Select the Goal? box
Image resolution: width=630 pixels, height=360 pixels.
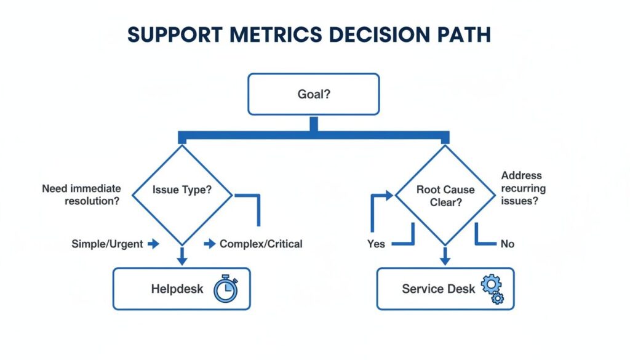[x=313, y=94]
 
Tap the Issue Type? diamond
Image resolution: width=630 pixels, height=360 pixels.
[x=182, y=190]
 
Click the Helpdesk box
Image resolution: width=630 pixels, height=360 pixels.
[x=181, y=289]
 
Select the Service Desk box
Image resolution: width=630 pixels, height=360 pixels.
[x=445, y=289]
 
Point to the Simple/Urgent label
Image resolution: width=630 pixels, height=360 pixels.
[x=107, y=244]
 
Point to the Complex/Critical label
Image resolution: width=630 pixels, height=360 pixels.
[x=261, y=244]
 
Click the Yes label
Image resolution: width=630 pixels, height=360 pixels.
[x=376, y=244]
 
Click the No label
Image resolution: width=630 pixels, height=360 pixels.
[x=507, y=244]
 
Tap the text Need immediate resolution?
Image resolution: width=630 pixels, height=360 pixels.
[x=81, y=194]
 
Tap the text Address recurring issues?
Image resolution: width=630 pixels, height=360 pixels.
[x=524, y=188]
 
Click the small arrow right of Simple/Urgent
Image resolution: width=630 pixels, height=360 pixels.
[x=154, y=244]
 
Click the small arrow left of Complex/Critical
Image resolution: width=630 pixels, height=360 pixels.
[x=210, y=244]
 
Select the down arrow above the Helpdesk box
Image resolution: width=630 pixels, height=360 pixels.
[x=182, y=257]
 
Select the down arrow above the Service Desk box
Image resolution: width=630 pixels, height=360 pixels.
[x=445, y=257]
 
